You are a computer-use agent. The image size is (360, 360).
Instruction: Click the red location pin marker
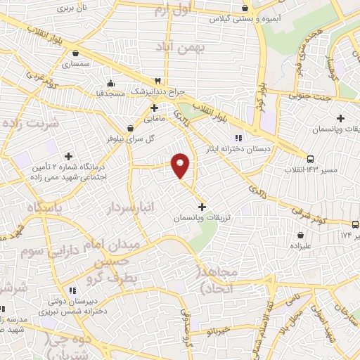pyautogui.click(x=181, y=165)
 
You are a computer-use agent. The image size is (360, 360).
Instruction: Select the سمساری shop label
pyautogui.click(x=76, y=64)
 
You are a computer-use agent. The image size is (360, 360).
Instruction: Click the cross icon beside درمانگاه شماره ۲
pyautogui.click(x=67, y=157)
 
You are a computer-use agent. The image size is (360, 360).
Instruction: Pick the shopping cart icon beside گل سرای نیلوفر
pyautogui.click(x=131, y=128)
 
